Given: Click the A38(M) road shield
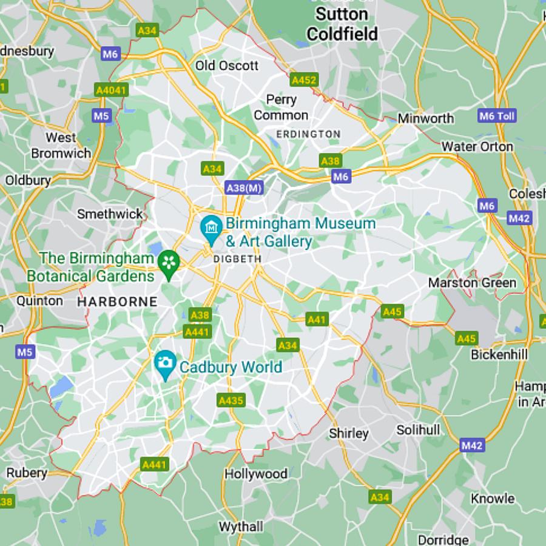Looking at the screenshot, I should [x=244, y=188].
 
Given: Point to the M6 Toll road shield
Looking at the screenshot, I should [x=497, y=116].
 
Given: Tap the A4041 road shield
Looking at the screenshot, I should [x=112, y=90].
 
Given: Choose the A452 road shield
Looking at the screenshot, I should [x=304, y=80].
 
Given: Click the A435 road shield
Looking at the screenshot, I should [x=231, y=400].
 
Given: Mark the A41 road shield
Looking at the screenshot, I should [x=317, y=319].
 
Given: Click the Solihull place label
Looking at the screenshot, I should [x=418, y=430].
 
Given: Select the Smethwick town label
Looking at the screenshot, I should [x=110, y=214].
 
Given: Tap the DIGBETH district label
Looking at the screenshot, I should [x=237, y=259].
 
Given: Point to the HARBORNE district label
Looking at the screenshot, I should [x=117, y=302].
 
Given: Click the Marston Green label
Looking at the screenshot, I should [x=472, y=283].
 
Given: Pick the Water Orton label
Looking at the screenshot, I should [x=477, y=146].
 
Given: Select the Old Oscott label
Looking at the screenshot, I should [x=227, y=66].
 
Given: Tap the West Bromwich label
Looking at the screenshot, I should [x=61, y=146].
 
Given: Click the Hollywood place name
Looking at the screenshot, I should [x=256, y=474].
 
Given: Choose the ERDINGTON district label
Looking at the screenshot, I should [x=308, y=134].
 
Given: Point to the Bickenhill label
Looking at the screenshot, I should [x=499, y=354].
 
